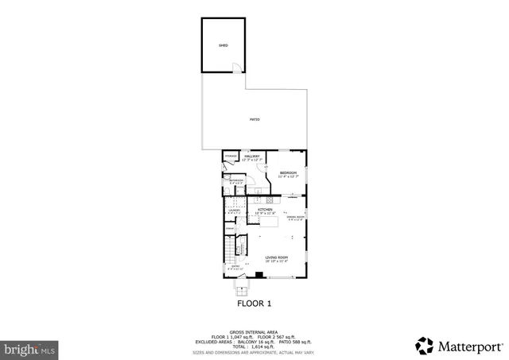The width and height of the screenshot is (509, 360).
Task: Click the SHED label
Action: click(223, 46)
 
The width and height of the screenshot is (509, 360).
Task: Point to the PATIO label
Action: click(254, 119)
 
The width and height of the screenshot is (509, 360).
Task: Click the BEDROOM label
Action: click(288, 174)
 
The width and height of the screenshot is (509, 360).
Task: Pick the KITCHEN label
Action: click(265, 211)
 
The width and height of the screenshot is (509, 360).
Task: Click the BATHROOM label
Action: click(236, 182)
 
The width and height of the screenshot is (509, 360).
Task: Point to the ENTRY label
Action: click(235, 267)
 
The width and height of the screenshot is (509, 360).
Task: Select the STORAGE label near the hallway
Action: click(230, 157)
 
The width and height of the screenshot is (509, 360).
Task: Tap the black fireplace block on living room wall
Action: click(258, 276)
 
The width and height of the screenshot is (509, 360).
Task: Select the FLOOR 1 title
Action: click(254, 303)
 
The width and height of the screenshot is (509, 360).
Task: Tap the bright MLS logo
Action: click(30, 349)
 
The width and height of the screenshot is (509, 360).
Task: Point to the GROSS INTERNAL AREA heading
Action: click(254, 331)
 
